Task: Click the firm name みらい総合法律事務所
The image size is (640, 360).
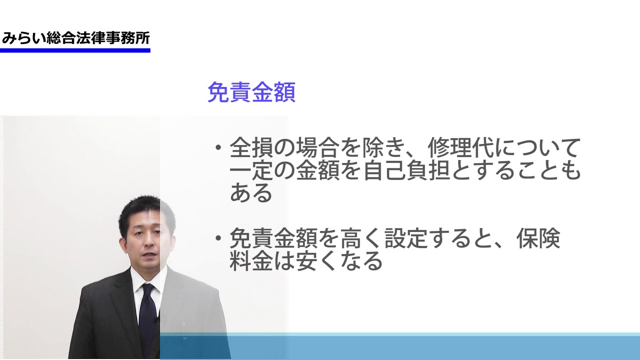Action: (75, 38)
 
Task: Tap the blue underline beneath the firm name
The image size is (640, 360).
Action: (75, 50)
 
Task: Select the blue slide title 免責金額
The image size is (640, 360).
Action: (251, 92)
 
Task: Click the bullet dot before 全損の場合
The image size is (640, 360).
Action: (218, 147)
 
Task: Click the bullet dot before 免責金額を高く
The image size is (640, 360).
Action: (218, 238)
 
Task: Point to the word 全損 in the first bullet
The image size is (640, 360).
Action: (251, 148)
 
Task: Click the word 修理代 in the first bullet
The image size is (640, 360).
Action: (460, 148)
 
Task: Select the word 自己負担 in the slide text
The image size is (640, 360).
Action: (406, 170)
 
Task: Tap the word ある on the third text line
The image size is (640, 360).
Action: (251, 193)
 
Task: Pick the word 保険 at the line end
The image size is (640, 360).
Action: (538, 238)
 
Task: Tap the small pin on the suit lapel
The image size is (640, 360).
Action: (183, 324)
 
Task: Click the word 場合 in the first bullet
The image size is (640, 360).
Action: (317, 148)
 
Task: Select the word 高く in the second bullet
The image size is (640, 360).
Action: (361, 238)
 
